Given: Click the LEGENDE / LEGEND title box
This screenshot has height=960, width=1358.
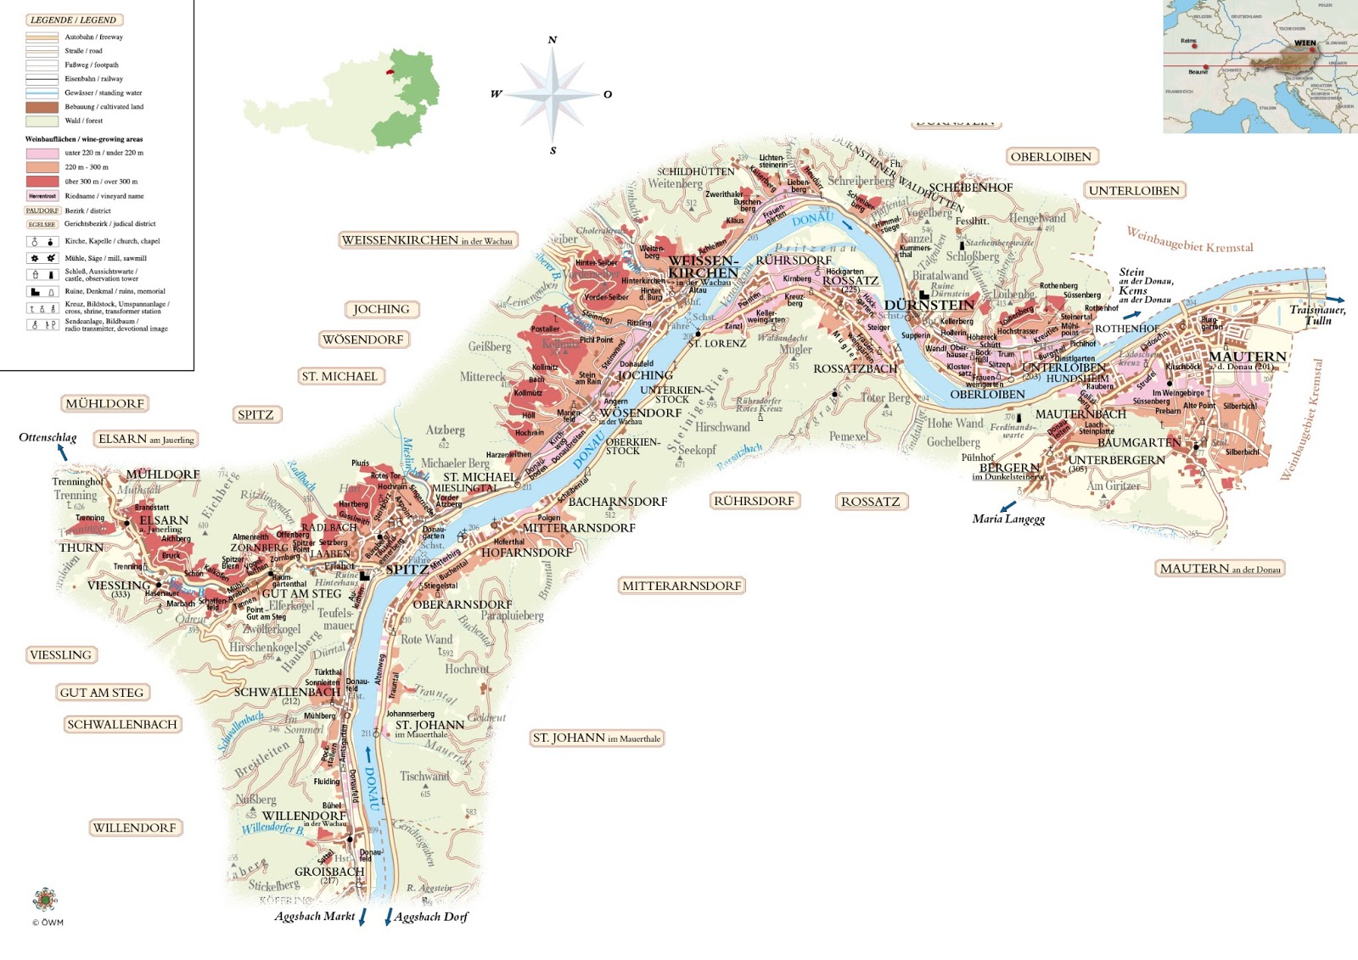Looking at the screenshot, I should [x=73, y=20].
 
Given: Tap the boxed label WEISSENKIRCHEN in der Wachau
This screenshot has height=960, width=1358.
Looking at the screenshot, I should [x=427, y=240].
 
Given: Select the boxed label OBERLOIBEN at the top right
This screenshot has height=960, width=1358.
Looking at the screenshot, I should [x=1051, y=157].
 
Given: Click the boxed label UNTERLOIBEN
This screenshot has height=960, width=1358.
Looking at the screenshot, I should [x=1134, y=191].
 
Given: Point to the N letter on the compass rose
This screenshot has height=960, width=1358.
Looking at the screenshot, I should [x=553, y=40].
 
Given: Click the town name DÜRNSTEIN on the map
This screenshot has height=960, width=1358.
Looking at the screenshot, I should [x=929, y=306].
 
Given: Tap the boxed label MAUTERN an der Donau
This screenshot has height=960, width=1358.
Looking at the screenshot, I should [x=1220, y=569].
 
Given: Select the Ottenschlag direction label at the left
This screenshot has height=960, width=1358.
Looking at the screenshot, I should [x=48, y=438].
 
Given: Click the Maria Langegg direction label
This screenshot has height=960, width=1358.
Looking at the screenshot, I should [x=1008, y=519].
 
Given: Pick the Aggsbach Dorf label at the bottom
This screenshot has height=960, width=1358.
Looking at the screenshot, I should [x=430, y=917].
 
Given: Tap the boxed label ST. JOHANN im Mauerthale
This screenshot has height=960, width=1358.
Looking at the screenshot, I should [x=596, y=738].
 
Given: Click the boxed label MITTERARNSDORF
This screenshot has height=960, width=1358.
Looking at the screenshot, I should [x=682, y=586].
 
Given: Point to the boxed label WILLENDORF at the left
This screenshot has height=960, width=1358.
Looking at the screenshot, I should [x=134, y=828].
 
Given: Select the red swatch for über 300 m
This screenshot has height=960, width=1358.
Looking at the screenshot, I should [x=42, y=182].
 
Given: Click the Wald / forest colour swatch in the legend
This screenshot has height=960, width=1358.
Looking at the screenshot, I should [x=42, y=121].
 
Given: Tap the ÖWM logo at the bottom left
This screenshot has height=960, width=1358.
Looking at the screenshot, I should [x=45, y=900].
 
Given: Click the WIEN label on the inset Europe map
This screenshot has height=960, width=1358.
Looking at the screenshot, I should [x=1305, y=43].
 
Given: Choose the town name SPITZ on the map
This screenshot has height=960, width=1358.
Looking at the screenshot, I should [x=407, y=570].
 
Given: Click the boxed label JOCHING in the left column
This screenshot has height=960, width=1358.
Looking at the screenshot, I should [x=381, y=310].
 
